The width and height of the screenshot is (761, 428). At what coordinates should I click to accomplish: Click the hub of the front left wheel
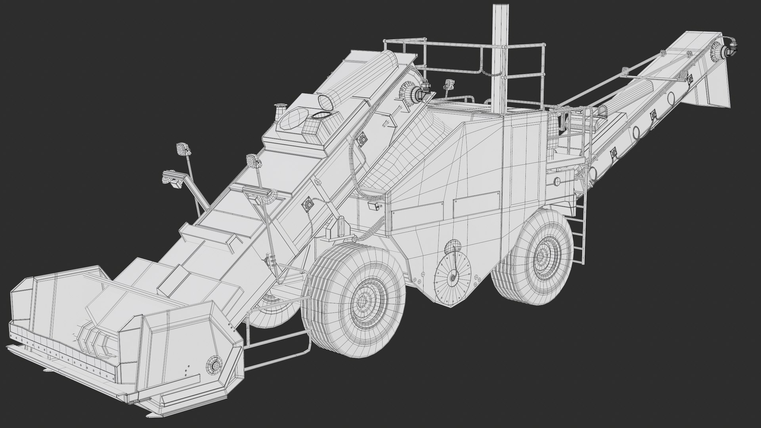coord(362,302)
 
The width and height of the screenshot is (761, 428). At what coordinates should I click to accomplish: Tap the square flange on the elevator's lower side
coord(307,204)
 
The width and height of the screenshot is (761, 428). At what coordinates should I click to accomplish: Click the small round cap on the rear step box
coord(556,182)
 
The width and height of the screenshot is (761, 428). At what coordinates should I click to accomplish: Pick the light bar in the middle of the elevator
coord(258,192)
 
